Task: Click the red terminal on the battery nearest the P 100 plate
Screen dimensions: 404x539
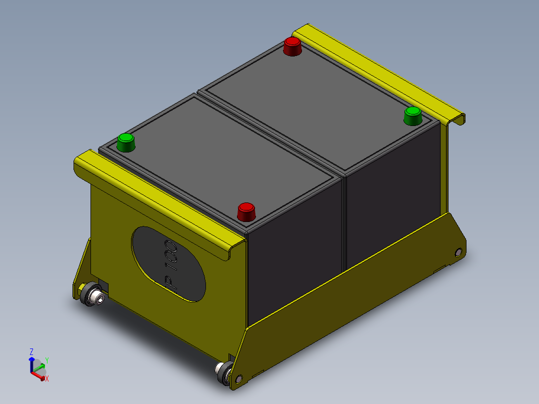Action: coord(246,211)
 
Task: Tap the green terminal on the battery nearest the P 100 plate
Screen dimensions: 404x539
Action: coord(126,142)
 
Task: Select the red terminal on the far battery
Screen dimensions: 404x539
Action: coord(292,46)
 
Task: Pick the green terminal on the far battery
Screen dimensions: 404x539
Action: coord(412,115)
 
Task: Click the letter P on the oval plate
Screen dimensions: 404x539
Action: coord(171,283)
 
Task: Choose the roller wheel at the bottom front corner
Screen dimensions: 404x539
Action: coord(223,373)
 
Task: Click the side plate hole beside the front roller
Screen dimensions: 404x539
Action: coord(238,378)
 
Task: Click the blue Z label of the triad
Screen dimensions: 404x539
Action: coord(31,351)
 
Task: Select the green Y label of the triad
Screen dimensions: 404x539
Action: coord(46,360)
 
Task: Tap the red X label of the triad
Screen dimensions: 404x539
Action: coord(47,379)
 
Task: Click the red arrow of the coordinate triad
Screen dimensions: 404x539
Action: coord(38,375)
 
